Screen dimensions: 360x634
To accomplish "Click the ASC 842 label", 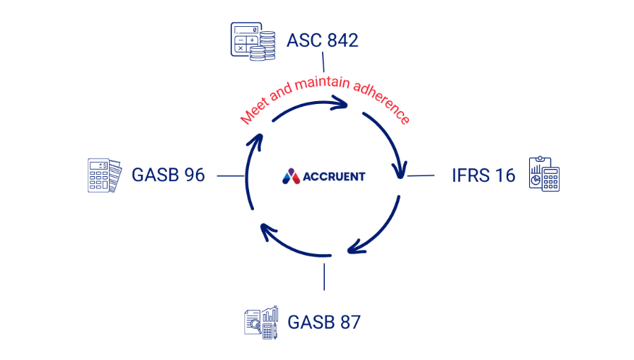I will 322,40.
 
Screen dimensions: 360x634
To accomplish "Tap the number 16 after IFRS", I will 505,175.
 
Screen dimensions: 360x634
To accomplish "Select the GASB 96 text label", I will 168,175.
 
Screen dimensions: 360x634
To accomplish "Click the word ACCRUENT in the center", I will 334,176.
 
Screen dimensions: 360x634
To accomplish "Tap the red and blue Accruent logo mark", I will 291,175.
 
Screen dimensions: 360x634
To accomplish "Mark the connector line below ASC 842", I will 323,62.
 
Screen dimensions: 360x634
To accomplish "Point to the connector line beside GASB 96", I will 230,175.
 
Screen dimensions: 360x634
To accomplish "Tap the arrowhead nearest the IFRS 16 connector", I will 401,170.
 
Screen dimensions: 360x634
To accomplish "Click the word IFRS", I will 470,175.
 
